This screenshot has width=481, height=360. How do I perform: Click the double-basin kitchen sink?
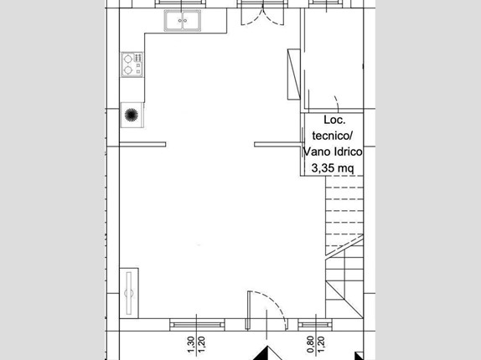click(x=183, y=20)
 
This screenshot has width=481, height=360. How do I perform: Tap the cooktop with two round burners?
click(x=132, y=64)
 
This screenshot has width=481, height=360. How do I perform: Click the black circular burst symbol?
click(x=132, y=115)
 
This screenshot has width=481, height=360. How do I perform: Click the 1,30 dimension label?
click(x=190, y=345)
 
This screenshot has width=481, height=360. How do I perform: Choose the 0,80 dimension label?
click(x=310, y=345)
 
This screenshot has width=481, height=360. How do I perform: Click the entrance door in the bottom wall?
click(x=266, y=310)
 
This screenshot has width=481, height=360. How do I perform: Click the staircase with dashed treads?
click(x=344, y=247)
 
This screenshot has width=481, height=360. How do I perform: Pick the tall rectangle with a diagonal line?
click(x=293, y=75)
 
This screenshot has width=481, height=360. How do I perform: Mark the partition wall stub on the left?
click(x=142, y=144)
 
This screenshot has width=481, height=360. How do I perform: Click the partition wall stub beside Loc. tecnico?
click(x=277, y=144)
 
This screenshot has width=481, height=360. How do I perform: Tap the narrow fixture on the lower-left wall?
click(x=129, y=293)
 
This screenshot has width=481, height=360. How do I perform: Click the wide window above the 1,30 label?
click(x=197, y=325)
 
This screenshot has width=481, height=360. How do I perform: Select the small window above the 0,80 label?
click(x=315, y=325)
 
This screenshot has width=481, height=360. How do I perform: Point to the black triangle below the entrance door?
click(x=267, y=353)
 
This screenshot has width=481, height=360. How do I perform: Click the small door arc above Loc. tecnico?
click(x=337, y=104)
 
